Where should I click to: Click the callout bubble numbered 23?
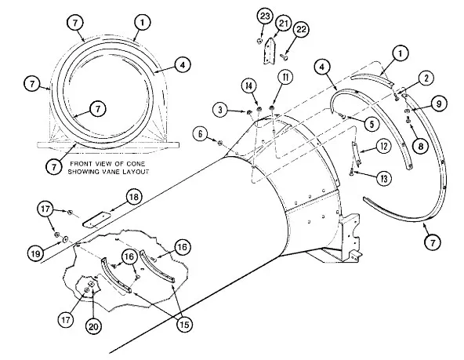[x=265, y=16]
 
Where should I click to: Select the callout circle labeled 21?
[x=284, y=23]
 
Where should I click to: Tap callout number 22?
[x=301, y=30]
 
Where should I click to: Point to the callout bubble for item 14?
[x=249, y=86]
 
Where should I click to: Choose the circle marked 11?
[x=285, y=78]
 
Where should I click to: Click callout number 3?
[x=220, y=110]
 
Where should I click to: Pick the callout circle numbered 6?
[x=201, y=134]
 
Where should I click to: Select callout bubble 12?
[x=383, y=146]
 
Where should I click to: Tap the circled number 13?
[x=384, y=179]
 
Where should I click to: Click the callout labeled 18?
[x=134, y=197]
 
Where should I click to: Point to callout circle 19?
[x=36, y=253]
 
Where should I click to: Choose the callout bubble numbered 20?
[x=93, y=326]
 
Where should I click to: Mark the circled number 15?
[x=184, y=325]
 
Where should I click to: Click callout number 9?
[x=439, y=104]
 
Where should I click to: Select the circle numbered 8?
[x=421, y=146]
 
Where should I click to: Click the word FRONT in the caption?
[x=81, y=164]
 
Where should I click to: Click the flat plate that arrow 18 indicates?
[x=96, y=220]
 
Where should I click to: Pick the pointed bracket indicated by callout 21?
[x=270, y=51]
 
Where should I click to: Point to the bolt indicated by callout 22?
[x=284, y=56]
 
